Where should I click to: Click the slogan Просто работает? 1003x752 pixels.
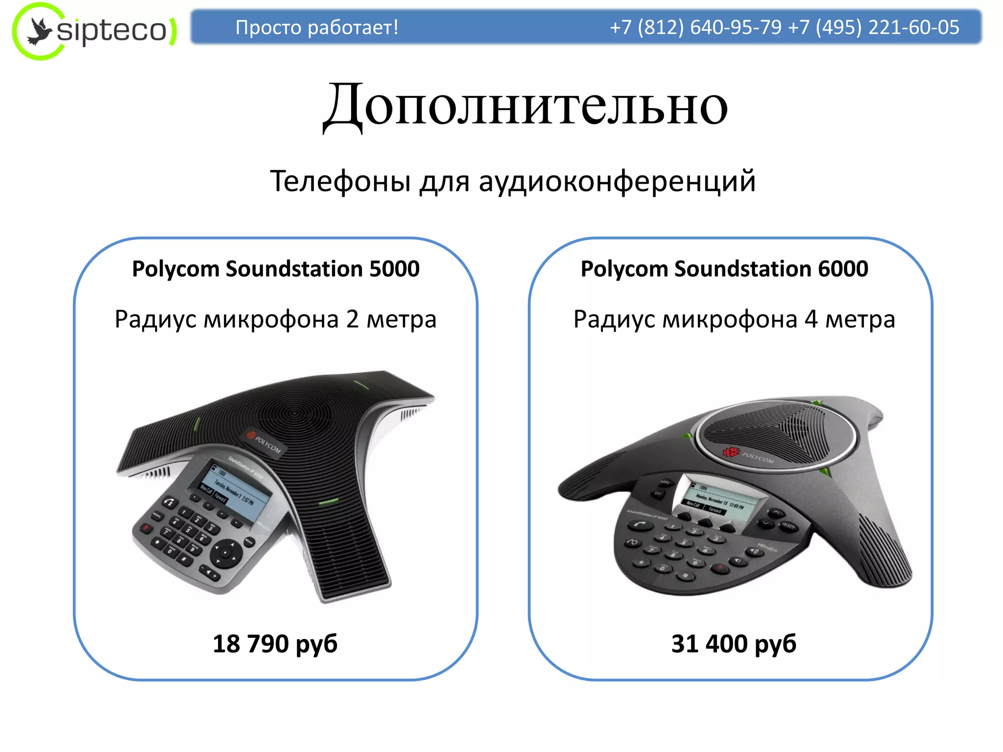pyautogui.click(x=316, y=27)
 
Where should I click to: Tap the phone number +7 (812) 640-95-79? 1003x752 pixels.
pyautogui.click(x=695, y=27)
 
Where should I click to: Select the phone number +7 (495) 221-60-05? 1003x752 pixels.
pyautogui.click(x=874, y=27)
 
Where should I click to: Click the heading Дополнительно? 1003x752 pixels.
pyautogui.click(x=525, y=106)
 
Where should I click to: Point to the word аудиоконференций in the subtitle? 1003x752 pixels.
pyautogui.click(x=617, y=181)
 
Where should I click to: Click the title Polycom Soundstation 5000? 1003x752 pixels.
pyautogui.click(x=276, y=269)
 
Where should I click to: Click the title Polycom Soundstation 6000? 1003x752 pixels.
pyautogui.click(x=724, y=269)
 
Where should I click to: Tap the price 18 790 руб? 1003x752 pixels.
pyautogui.click(x=275, y=643)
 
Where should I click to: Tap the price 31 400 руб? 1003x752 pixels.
pyautogui.click(x=734, y=643)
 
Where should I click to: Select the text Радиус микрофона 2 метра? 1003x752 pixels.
pyautogui.click(x=275, y=319)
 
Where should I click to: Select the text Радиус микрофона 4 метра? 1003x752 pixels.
pyautogui.click(x=734, y=319)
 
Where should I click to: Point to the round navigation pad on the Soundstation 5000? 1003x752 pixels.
pyautogui.click(x=225, y=553)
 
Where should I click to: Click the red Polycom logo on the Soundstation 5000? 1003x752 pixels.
pyautogui.click(x=252, y=435)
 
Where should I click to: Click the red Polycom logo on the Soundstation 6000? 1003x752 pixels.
pyautogui.click(x=731, y=451)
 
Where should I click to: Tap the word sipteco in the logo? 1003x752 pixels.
pyautogui.click(x=112, y=30)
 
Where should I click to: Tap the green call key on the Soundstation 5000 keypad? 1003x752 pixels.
pyautogui.click(x=169, y=502)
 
